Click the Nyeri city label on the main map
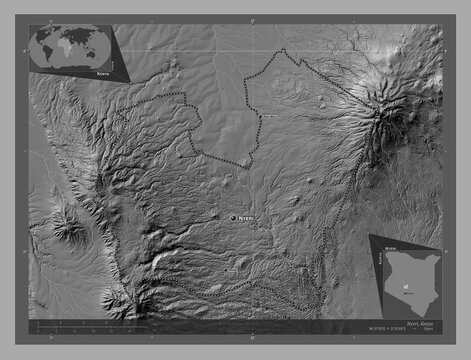[246, 217]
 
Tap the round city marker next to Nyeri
[233, 217]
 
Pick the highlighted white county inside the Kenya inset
[404, 285]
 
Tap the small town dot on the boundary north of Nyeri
[261, 118]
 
